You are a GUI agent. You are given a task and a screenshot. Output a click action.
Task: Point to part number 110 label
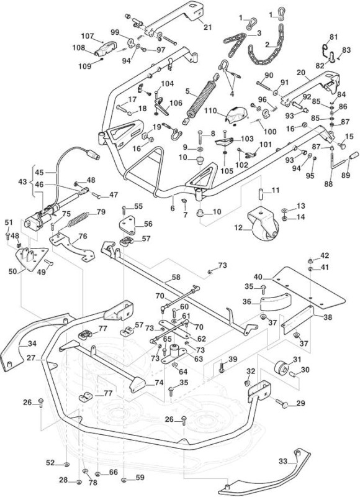click(210, 111)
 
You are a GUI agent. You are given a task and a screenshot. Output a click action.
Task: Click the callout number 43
click(23, 183)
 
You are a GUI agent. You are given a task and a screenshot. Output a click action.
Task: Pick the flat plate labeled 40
click(308, 288)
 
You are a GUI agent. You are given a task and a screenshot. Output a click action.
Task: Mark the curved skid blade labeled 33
click(264, 472)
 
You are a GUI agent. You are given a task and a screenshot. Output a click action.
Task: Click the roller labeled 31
click(281, 368)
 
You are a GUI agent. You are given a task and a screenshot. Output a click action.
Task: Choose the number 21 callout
click(207, 27)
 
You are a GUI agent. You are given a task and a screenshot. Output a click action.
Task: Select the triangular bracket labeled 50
click(32, 258)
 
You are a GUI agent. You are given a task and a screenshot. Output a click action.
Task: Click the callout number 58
click(176, 277)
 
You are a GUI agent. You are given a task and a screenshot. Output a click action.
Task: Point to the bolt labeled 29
click(281, 403)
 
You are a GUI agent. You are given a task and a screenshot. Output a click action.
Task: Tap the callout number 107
click(88, 36)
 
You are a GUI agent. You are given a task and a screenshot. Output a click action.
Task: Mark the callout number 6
click(173, 209)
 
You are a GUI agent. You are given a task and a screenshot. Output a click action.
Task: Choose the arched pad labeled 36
click(275, 302)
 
